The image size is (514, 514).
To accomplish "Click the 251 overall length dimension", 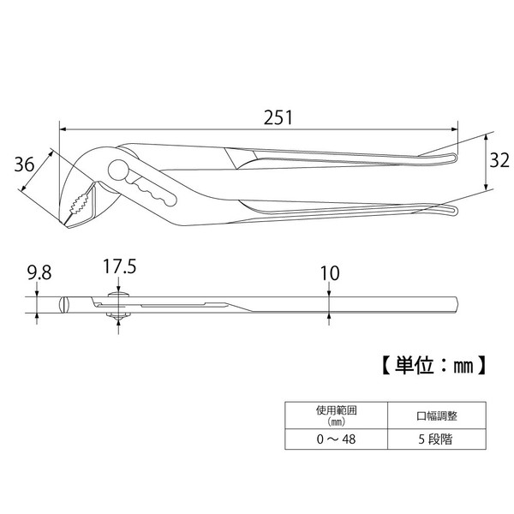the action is point(278,117).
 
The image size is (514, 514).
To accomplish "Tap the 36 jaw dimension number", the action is point(24,164).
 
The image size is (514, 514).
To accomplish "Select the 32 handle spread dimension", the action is point(499,161).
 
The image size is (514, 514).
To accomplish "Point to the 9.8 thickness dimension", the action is point(39,273).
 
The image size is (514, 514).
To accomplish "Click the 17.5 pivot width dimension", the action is point(119,266).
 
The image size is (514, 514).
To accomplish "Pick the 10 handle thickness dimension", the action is point(330,273).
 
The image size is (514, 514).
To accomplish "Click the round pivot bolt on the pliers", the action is point(118,170).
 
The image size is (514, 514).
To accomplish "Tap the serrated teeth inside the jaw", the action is point(79,202).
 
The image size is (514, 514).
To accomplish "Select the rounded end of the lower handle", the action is point(453,211).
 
